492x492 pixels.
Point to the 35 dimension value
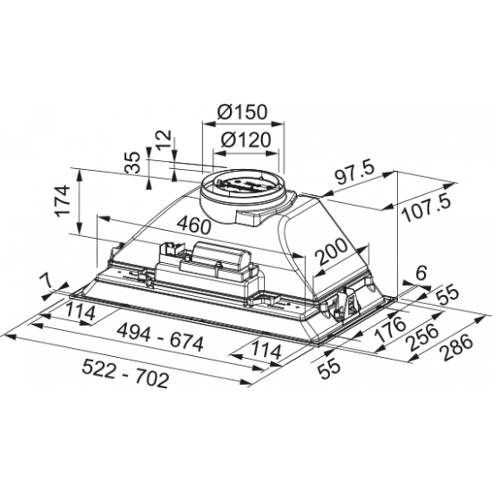[x=131, y=163]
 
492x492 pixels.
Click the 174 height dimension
[x=60, y=200]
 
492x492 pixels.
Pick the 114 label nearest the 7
[x=81, y=311]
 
